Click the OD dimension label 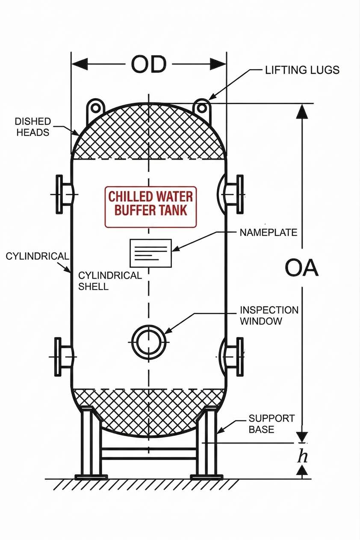click(148, 65)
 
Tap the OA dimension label click(301, 268)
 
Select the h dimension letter click(303, 456)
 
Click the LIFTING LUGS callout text click(302, 70)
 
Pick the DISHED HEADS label click(33, 127)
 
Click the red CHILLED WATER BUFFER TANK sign click(150, 203)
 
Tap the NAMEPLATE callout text click(268, 232)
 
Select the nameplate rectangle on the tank click(150, 253)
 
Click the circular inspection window click(148, 341)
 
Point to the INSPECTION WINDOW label click(269, 316)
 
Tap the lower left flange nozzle click(63, 356)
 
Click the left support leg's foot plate click(91, 476)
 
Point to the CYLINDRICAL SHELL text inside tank click(110, 281)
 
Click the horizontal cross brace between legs click(148, 453)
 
